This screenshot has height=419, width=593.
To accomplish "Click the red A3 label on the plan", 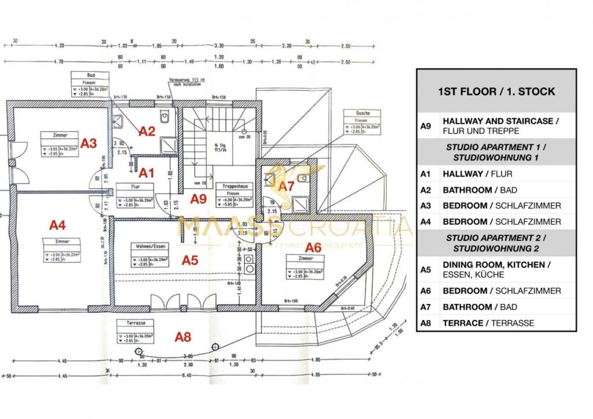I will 89,143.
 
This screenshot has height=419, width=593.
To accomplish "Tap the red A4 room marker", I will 57,224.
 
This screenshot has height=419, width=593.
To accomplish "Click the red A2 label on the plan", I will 148,132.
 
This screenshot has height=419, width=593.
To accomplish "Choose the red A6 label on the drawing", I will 313,247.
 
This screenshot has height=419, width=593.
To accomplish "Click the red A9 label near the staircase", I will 199,199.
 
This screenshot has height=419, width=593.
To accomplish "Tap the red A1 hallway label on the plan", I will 147,172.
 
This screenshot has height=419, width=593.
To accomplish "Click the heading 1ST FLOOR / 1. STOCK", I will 496,92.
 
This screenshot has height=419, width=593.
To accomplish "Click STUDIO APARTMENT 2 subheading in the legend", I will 496,238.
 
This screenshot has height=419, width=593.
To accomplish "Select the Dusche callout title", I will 357,114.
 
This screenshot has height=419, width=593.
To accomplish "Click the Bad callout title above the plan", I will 91,75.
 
